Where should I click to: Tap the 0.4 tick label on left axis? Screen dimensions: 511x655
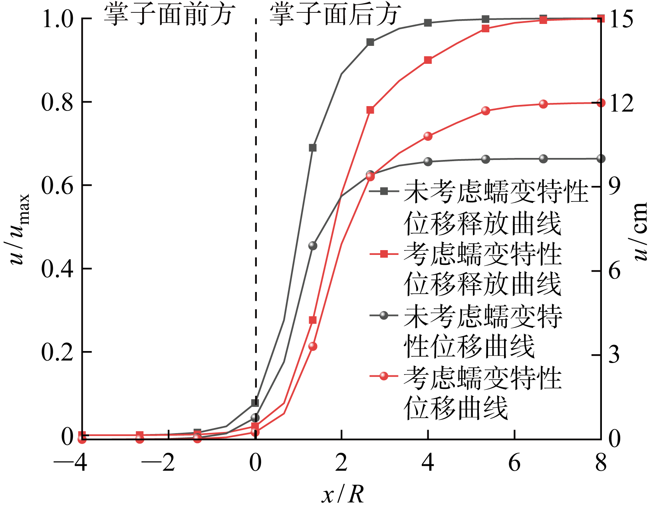pyautogui.click(x=57, y=270)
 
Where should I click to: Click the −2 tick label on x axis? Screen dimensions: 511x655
pyautogui.click(x=158, y=463)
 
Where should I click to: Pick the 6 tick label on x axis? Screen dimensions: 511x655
pyautogui.click(x=514, y=463)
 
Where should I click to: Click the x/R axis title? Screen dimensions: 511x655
pyautogui.click(x=343, y=495)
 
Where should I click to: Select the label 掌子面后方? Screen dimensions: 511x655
pyautogui.click(x=334, y=15)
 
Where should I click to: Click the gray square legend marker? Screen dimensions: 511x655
pyautogui.click(x=384, y=191)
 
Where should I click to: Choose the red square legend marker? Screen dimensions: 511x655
pyautogui.click(x=384, y=254)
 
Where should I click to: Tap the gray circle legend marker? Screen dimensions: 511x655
pyautogui.click(x=384, y=316)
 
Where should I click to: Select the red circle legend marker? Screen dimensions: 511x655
pyautogui.click(x=384, y=376)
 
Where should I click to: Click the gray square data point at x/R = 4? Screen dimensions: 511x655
pyautogui.click(x=428, y=23)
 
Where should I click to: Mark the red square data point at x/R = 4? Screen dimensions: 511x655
pyautogui.click(x=428, y=60)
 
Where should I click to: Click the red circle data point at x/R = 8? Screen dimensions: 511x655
pyautogui.click(x=601, y=103)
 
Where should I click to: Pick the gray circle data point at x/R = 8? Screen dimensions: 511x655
pyautogui.click(x=601, y=159)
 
